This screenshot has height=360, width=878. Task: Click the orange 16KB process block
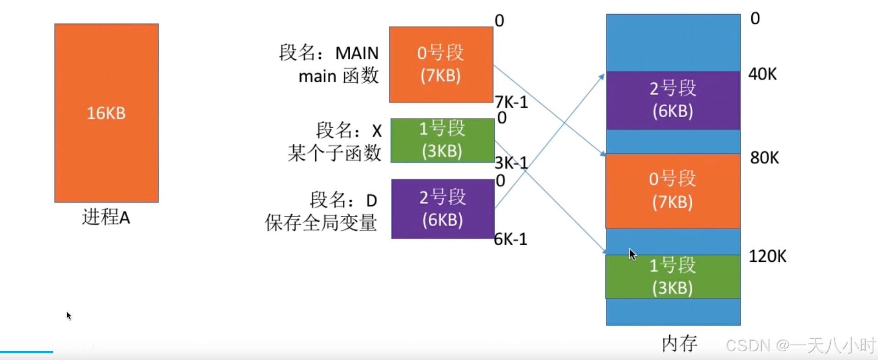click(x=106, y=113)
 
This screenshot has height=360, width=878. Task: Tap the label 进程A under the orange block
click(x=106, y=217)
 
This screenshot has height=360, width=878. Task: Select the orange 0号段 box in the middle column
click(x=441, y=64)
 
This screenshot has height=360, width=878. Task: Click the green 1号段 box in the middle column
click(x=442, y=141)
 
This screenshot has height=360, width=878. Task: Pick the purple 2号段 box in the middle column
click(x=443, y=209)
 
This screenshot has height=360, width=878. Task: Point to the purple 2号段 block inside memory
click(x=673, y=100)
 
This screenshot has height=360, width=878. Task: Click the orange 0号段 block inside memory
click(x=673, y=191)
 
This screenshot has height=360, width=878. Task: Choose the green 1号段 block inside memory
click(x=673, y=276)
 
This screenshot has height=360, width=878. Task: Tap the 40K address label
click(x=762, y=74)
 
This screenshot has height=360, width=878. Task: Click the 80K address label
click(x=764, y=158)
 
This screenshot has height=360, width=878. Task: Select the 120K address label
click(x=767, y=256)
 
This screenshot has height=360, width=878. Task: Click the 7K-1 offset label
click(x=511, y=102)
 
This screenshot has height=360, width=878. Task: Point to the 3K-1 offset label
click(x=511, y=163)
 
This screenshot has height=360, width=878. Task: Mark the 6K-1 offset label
click(x=510, y=239)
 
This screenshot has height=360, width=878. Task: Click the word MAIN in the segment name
click(x=357, y=53)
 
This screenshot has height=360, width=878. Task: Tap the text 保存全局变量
click(x=321, y=223)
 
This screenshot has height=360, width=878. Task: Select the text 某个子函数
click(x=334, y=153)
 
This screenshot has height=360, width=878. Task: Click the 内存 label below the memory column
click(x=679, y=343)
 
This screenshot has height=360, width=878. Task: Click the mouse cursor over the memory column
click(x=632, y=254)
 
